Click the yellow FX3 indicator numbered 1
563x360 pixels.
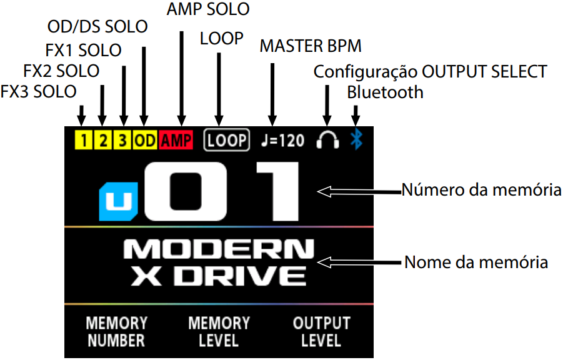tap(81, 140)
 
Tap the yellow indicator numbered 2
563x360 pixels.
tap(102, 140)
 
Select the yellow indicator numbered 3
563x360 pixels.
tap(123, 140)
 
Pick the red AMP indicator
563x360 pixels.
tap(176, 140)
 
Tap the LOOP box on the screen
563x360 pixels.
tap(226, 140)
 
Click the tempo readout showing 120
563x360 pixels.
tap(283, 140)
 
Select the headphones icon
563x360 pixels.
tap(327, 140)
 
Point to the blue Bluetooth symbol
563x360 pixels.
tap(356, 139)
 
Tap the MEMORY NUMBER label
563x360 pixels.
tap(116, 332)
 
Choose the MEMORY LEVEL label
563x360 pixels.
tap(219, 332)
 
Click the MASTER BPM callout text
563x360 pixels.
tap(311, 46)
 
